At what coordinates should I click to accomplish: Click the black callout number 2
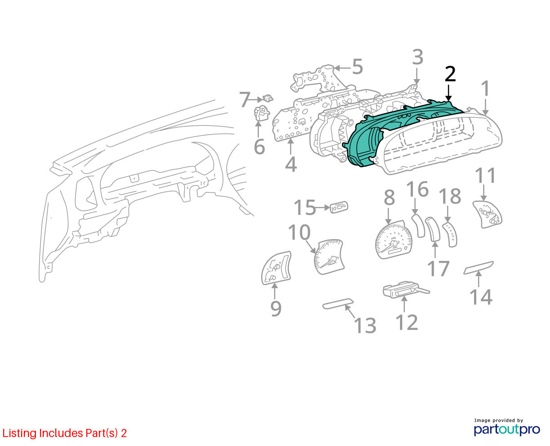click(x=450, y=74)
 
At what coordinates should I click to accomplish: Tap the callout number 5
click(x=357, y=67)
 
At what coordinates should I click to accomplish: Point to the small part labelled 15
click(x=339, y=207)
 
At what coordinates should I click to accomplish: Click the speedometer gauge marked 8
click(x=393, y=239)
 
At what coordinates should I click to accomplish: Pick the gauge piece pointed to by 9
click(x=276, y=268)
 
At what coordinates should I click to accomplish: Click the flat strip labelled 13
click(x=338, y=303)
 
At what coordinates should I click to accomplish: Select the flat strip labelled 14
click(x=479, y=268)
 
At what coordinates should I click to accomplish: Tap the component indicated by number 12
click(x=405, y=290)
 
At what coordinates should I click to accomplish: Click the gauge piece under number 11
click(x=488, y=214)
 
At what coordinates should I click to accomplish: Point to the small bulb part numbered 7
click(x=268, y=98)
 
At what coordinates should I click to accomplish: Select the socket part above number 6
click(x=262, y=113)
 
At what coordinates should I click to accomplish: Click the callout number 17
click(x=438, y=268)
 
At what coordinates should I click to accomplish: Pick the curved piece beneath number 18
click(x=450, y=235)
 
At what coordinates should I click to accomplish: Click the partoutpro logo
click(x=506, y=429)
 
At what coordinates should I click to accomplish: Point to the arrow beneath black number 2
click(x=448, y=93)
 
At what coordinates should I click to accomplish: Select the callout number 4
click(x=291, y=165)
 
